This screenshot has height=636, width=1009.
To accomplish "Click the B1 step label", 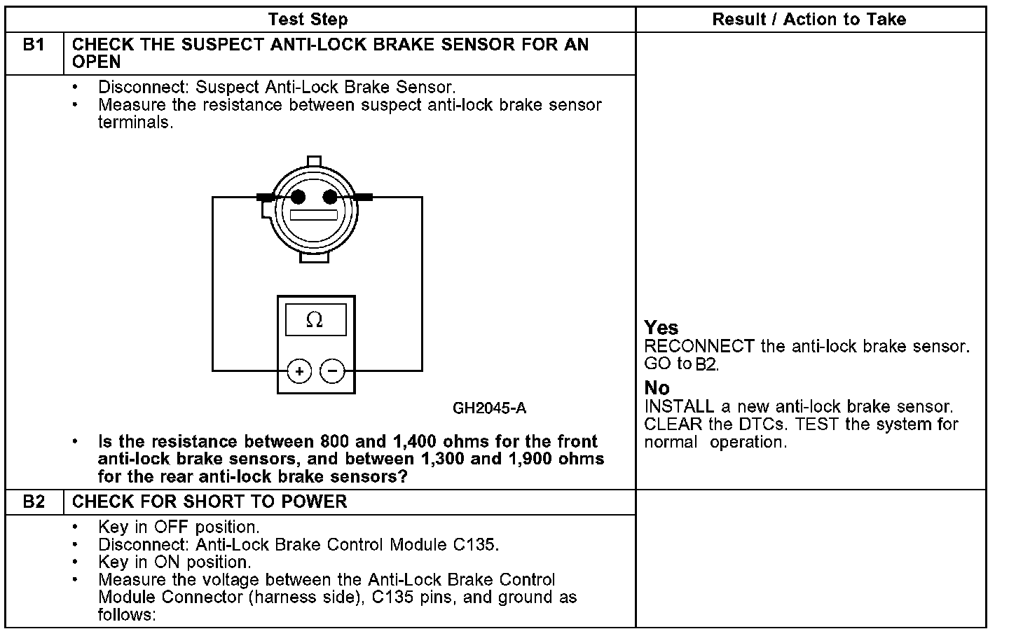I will pos(34,45).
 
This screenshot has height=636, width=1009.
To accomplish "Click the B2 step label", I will pos(34,502).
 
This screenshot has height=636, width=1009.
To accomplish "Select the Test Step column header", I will pos(308,20).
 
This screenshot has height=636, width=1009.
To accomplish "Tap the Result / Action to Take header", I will pos(809,20).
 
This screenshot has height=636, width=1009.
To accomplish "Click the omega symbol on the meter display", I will pos(315,321).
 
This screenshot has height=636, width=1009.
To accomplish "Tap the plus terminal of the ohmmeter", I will pos(299,371).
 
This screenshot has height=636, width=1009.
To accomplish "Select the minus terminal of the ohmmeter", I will pos(333,371).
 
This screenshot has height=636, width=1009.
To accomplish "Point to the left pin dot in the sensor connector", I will pos(298,197).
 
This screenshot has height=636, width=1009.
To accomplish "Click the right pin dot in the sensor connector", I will pos(329,197).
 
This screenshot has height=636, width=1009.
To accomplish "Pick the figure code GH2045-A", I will pos(489,408).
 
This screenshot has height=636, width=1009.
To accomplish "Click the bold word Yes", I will pos(661,327).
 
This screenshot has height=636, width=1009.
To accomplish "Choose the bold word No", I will pos(657,387).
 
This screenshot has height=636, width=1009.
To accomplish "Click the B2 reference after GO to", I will pos(707,364).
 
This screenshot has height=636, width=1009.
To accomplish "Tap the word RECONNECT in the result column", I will pos(699,346).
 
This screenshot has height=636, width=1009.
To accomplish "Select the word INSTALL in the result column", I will pos(679,406).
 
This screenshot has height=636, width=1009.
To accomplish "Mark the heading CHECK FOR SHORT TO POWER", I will pos(210,502).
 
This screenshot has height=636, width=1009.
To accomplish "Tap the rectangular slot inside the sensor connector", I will pos(314,215).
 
